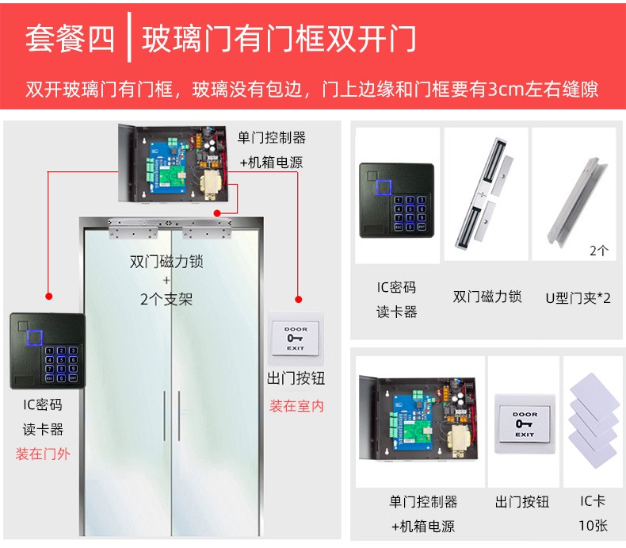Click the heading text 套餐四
point(71,38)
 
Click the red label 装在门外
point(43,454)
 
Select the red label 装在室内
point(296,406)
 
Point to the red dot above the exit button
point(298,299)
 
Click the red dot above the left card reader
point(48,296)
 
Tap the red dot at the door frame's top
point(217,213)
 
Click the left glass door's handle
point(164,416)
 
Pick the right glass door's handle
point(179,416)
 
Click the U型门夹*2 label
point(578,298)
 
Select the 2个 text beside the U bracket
point(599,251)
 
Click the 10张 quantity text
point(594,525)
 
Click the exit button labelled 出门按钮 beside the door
point(296,339)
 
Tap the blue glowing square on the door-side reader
point(35,338)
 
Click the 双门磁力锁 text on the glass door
point(166,262)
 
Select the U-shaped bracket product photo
point(578,202)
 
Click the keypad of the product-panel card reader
point(410,213)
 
